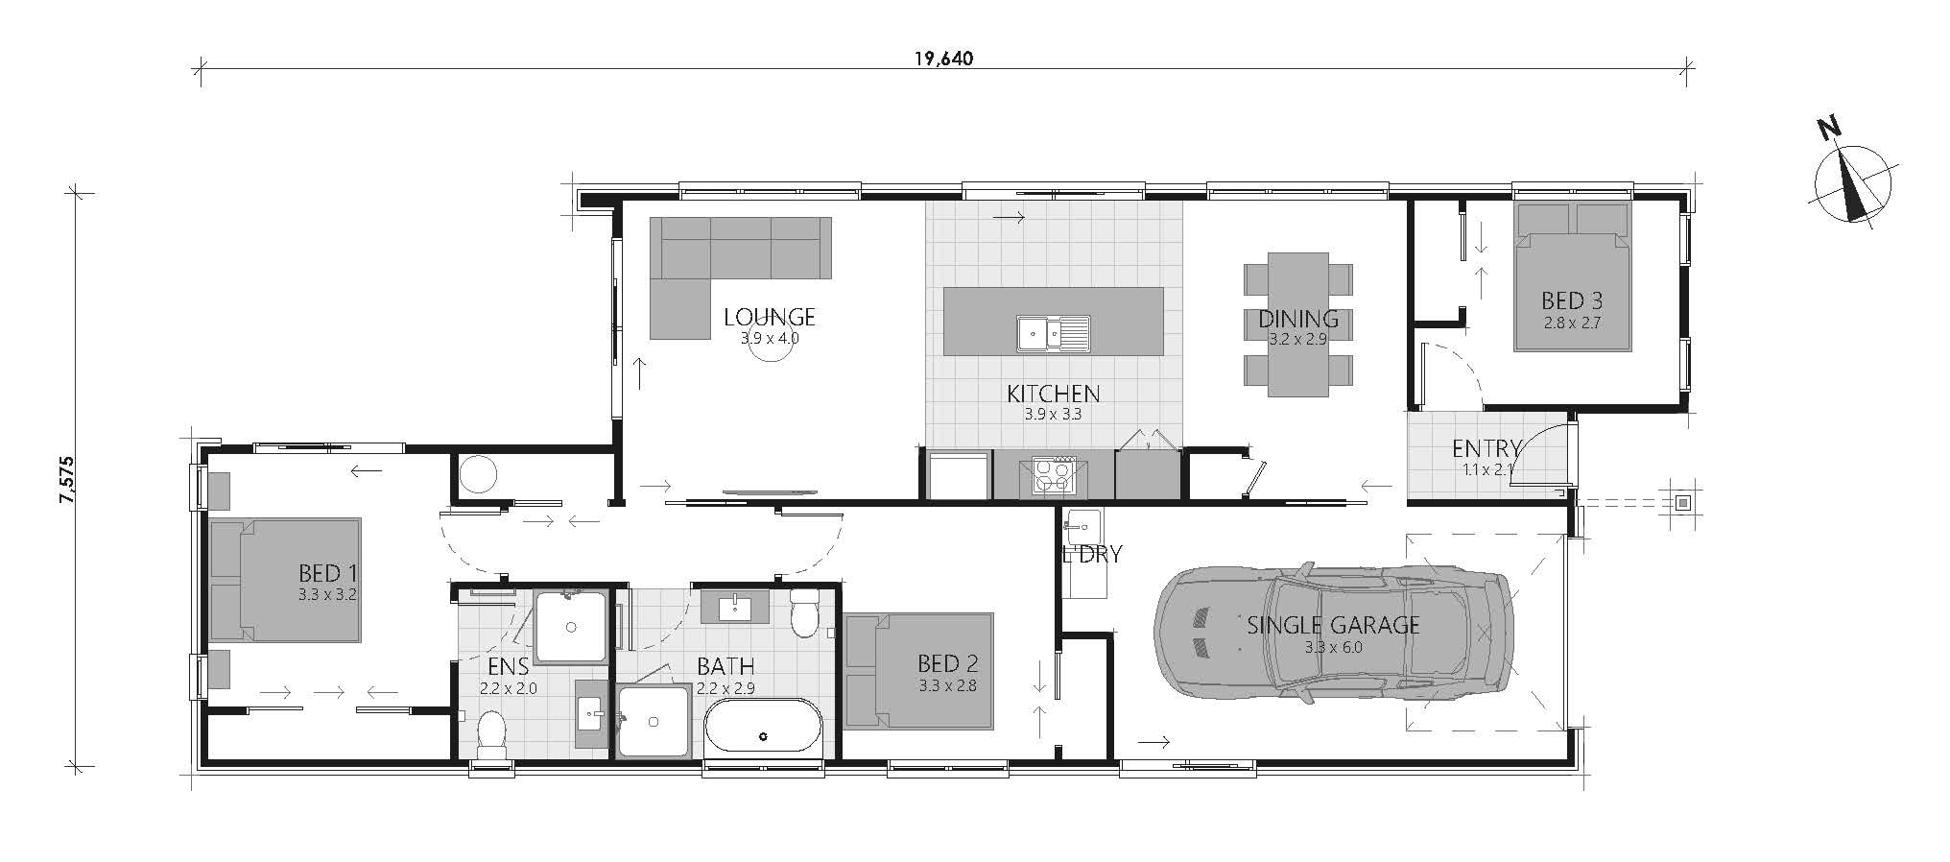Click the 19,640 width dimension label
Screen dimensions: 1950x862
pyautogui.click(x=943, y=59)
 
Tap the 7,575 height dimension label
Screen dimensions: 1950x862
pyautogui.click(x=66, y=479)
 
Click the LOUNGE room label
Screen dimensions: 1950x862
pyautogui.click(x=770, y=317)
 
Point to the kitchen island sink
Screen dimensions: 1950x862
pyautogui.click(x=1054, y=334)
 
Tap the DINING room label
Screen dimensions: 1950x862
pyautogui.click(x=1298, y=319)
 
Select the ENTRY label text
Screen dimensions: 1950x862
pyautogui.click(x=1486, y=448)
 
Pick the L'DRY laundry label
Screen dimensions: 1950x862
pyautogui.click(x=1092, y=555)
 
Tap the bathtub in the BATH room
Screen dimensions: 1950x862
pyautogui.click(x=763, y=726)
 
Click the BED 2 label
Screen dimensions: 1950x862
pyautogui.click(x=947, y=663)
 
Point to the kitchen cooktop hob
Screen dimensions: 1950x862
pyautogui.click(x=1054, y=475)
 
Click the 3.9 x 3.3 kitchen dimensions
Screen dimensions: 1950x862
pyautogui.click(x=1054, y=415)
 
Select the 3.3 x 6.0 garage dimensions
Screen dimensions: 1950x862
pyautogui.click(x=1333, y=647)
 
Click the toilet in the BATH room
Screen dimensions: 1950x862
pyautogui.click(x=803, y=612)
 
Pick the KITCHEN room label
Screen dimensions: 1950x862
pyautogui.click(x=1054, y=394)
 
